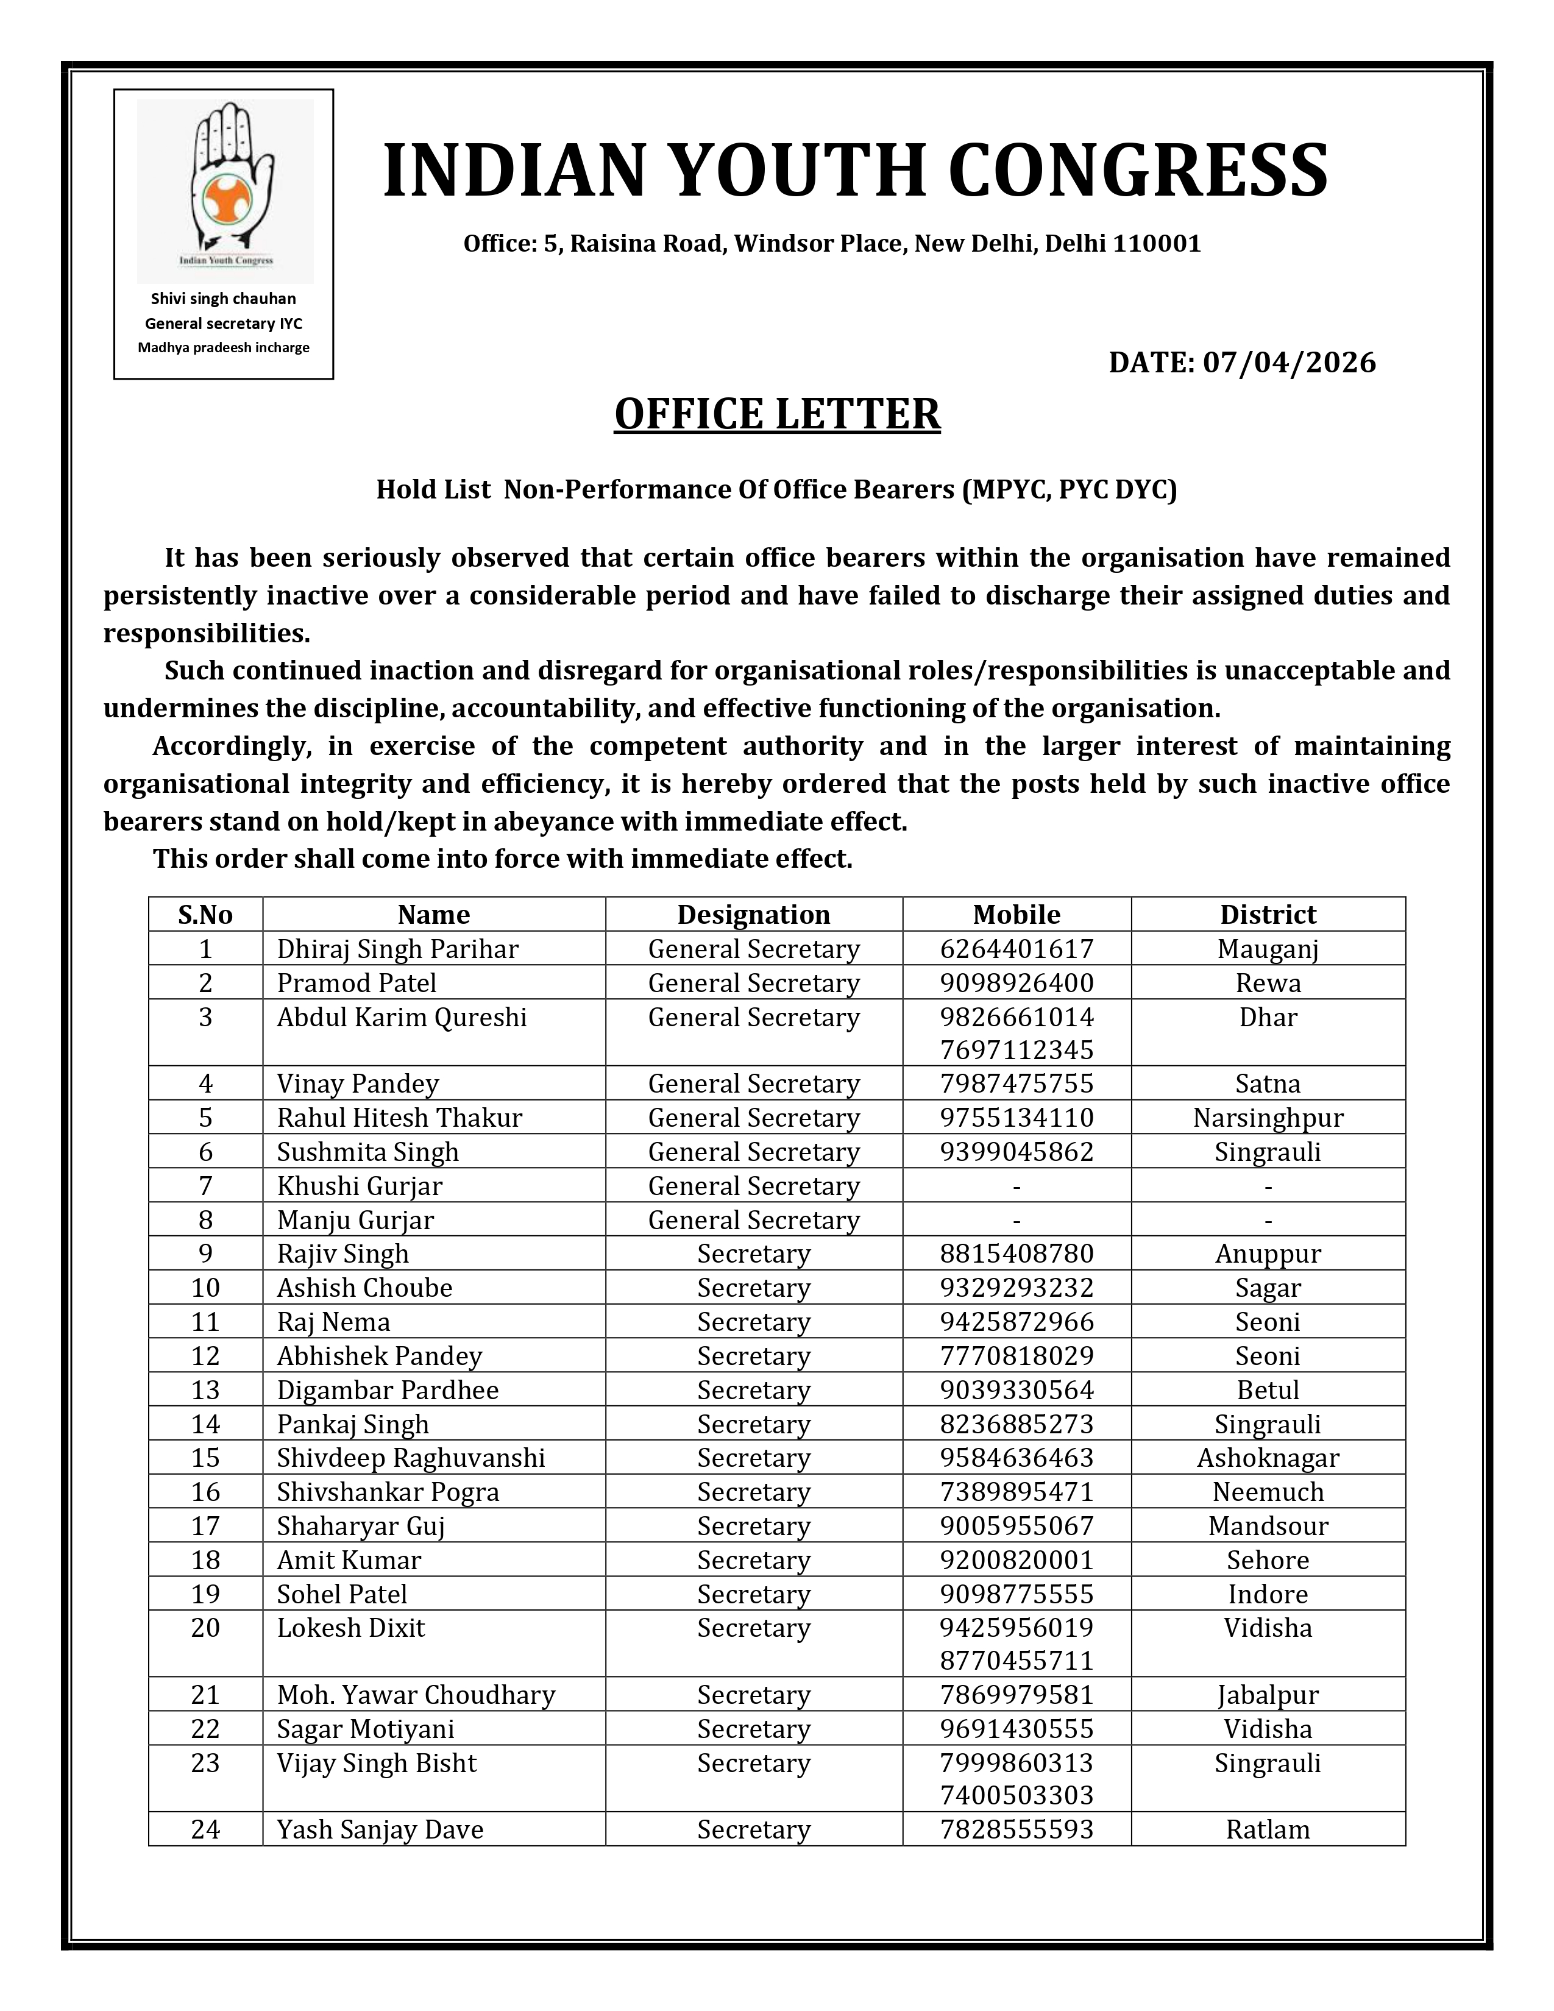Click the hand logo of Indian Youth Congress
[225, 184]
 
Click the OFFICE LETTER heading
[777, 414]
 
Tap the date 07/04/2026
[1289, 363]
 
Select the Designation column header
[753, 914]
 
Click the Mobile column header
[1016, 914]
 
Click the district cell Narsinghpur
[1268, 1118]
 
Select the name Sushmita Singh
[367, 1152]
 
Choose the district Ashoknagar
[1268, 1458]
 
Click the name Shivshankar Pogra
[388, 1492]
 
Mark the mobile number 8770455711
[1016, 1660]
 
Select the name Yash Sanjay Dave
[380, 1829]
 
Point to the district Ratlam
[1268, 1829]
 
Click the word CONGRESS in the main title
[1137, 171]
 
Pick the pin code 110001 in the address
[1156, 244]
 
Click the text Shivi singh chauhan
[224, 299]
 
